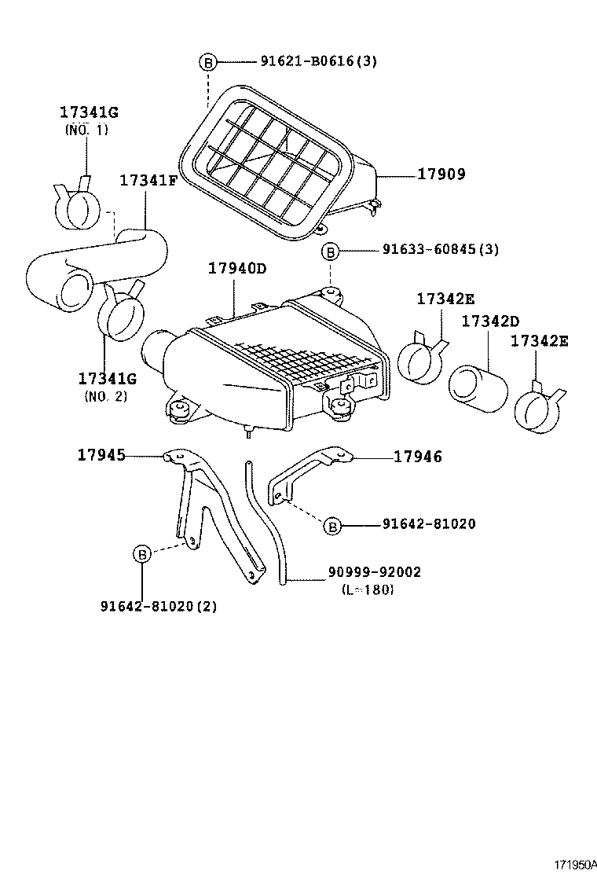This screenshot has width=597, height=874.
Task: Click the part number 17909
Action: coord(441,174)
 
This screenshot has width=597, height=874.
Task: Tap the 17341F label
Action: coord(148,180)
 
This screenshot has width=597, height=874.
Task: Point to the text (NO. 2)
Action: coord(105,396)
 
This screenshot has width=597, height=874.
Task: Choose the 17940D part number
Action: coord(237,269)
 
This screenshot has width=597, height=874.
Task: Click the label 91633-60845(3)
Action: coord(441,250)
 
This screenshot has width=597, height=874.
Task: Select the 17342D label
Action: coord(490,321)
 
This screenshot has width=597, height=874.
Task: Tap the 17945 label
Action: coord(101,454)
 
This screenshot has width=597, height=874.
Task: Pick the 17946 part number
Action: coord(417,456)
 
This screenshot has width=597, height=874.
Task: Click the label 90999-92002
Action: coord(374,572)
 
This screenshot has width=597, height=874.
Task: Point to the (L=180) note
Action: coord(368,589)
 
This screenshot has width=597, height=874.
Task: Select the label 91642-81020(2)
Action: coord(159,606)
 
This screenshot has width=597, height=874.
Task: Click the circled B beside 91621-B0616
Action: coord(207,61)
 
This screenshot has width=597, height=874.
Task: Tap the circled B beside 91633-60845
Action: coord(331,251)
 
